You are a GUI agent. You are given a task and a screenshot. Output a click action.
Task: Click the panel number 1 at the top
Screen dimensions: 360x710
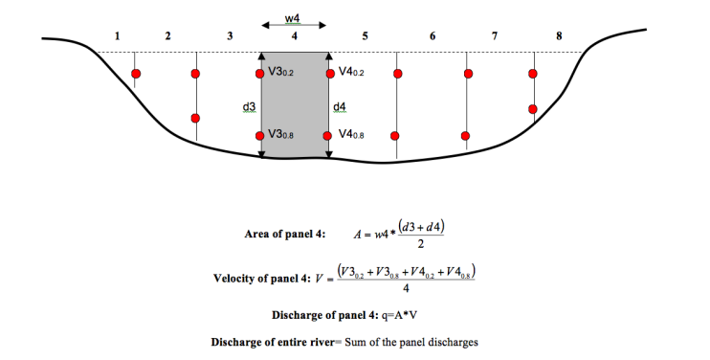(117, 35)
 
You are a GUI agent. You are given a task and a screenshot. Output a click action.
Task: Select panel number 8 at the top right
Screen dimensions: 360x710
(559, 35)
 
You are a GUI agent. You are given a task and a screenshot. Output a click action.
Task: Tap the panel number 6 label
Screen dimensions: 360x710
(433, 35)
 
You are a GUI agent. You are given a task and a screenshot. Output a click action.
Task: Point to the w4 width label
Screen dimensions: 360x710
(295, 17)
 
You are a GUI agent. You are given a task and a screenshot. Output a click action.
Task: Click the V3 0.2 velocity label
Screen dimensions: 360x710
(280, 73)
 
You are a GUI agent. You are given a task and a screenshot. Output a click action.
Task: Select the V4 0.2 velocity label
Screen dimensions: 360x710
(351, 73)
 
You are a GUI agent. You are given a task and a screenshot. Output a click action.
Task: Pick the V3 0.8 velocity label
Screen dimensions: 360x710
(280, 135)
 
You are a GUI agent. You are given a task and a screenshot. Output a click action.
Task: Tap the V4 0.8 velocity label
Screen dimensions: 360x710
(351, 135)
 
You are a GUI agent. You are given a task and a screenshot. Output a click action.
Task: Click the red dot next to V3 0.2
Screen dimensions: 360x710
(260, 73)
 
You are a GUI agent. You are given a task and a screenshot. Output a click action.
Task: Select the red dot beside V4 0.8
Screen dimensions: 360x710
(330, 135)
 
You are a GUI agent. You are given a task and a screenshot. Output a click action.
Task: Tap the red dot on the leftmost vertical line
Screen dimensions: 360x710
(136, 74)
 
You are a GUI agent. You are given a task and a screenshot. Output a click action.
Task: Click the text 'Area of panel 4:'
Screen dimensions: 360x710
(286, 234)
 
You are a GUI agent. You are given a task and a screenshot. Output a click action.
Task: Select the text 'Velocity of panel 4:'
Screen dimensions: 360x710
(268, 280)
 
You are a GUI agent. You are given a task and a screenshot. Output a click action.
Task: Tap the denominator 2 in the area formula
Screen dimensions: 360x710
(420, 244)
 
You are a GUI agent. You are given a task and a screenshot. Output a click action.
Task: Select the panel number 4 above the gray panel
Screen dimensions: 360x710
(295, 35)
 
